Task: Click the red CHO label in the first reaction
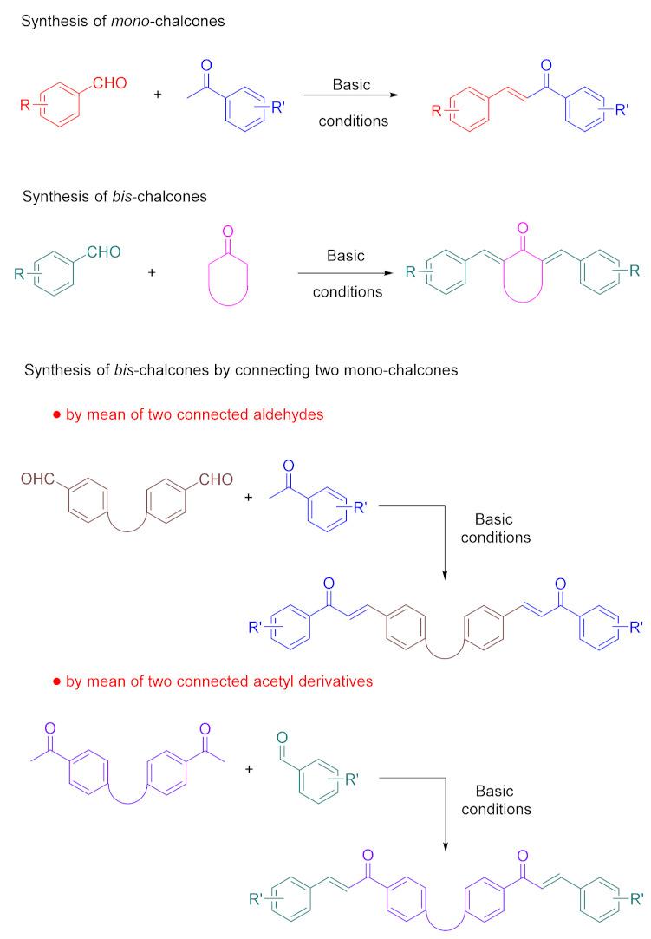coord(110,82)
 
